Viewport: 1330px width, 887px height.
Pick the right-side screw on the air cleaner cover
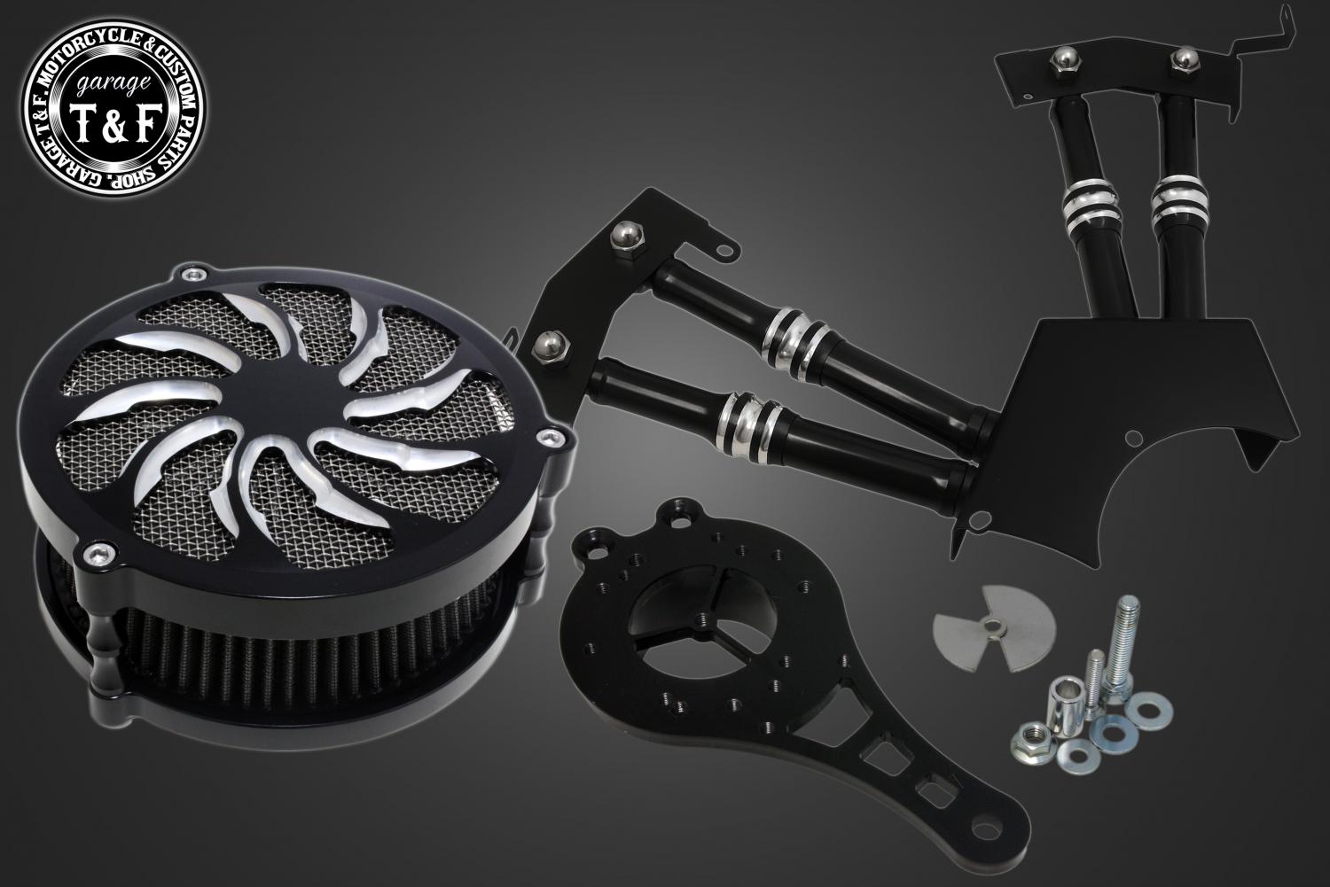[549, 439]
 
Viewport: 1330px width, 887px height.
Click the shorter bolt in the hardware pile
[1092, 682]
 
